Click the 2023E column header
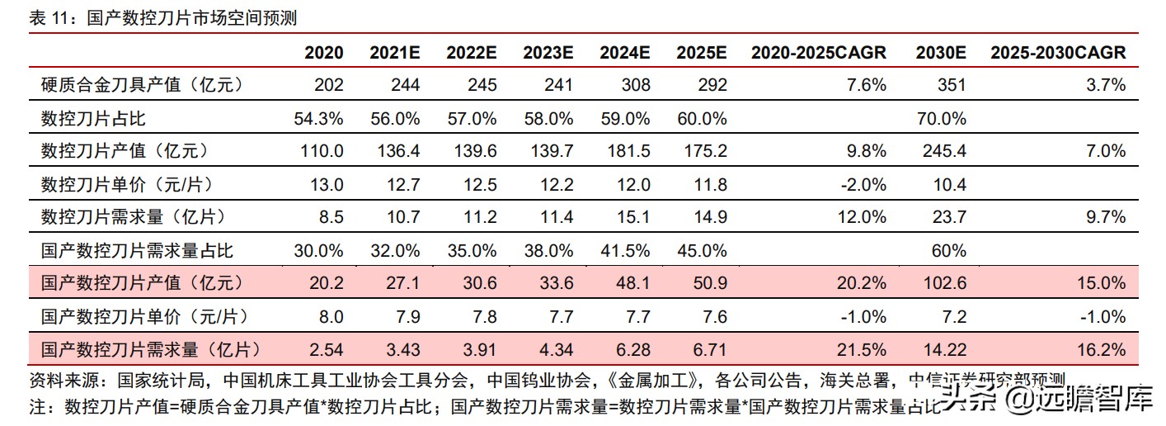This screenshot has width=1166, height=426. tap(548, 53)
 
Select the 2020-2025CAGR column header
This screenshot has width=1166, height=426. tap(818, 53)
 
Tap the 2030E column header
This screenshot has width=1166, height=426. tap(941, 53)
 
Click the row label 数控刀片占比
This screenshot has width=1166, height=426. tap(93, 118)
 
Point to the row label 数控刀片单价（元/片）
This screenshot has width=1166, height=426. tap(121, 184)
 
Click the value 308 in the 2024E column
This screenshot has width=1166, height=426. tap(636, 85)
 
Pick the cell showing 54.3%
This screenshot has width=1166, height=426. tap(318, 118)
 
